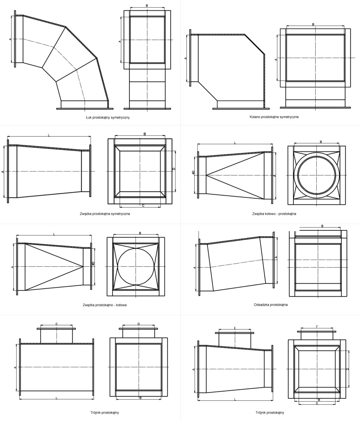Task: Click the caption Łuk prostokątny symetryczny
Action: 108,117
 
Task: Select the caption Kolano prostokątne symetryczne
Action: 274,117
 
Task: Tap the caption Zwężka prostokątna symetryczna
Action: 105,214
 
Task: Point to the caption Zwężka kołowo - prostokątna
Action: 274,214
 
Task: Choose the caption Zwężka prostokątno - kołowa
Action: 105,305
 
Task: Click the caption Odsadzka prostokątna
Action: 271,305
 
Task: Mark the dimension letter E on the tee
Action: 235,328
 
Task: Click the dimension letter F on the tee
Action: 317,327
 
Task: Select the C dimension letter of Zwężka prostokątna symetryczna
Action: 143,205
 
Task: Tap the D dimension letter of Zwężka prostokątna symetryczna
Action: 174,169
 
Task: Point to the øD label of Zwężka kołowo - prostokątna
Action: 193,172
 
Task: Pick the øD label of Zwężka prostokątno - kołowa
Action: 93,263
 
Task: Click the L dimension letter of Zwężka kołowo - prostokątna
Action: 235,143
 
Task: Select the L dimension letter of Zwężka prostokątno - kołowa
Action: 54,234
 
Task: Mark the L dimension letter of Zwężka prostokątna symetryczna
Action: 49,135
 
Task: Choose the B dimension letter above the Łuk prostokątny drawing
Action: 147,6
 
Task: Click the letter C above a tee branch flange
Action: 57,324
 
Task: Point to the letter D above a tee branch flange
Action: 139,324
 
